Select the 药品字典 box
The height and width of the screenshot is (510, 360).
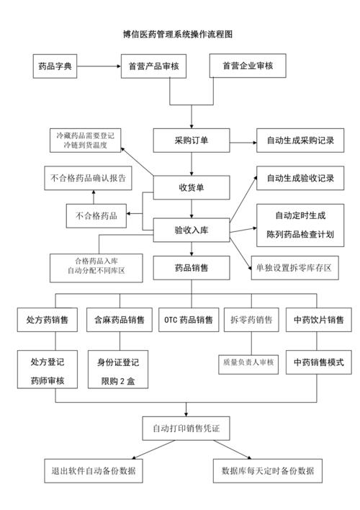pyautogui.click(x=55, y=67)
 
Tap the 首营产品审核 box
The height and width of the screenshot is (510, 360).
pyautogui.click(x=154, y=67)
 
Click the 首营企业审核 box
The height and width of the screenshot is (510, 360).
pyautogui.click(x=248, y=67)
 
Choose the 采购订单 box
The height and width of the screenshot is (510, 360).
pyautogui.click(x=191, y=140)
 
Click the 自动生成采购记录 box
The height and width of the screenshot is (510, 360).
pyautogui.click(x=300, y=140)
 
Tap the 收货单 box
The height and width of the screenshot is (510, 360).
pyautogui.click(x=191, y=187)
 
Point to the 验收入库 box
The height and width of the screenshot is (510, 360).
pyautogui.click(x=191, y=230)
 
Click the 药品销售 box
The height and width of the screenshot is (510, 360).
pyautogui.click(x=191, y=268)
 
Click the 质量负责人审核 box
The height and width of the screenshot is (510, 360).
pyautogui.click(x=249, y=362)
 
